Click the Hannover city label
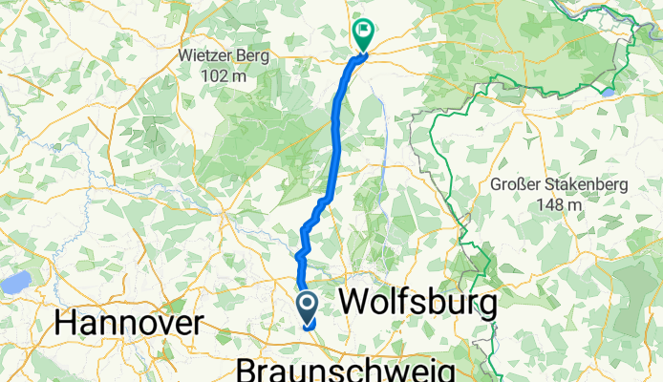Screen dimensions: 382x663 (x=129, y=323)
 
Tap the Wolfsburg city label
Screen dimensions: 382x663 (x=417, y=304)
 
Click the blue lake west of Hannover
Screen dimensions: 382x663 (x=14, y=283)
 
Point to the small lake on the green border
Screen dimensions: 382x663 (x=608, y=93)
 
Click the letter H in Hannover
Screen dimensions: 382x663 (x=67, y=323)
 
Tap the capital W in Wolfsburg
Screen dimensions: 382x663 (x=355, y=304)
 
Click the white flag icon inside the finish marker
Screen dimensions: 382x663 (x=364, y=30)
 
